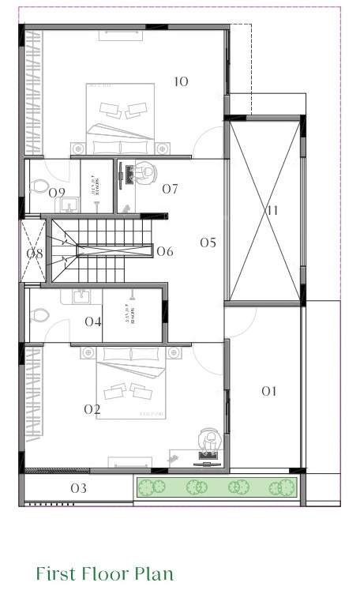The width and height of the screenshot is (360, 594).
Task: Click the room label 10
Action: (x=181, y=81)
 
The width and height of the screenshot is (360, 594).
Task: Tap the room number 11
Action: (x=272, y=210)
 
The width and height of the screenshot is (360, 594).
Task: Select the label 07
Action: (x=170, y=189)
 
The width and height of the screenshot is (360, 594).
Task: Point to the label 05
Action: (x=207, y=242)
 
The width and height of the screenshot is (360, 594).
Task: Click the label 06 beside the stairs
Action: (x=164, y=252)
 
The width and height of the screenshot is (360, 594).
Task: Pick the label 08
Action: (x=35, y=254)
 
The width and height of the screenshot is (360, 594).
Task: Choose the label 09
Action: (x=57, y=192)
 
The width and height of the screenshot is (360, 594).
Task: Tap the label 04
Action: (x=93, y=321)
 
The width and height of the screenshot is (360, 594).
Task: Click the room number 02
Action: (x=92, y=409)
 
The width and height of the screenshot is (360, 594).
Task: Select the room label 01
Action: (x=270, y=391)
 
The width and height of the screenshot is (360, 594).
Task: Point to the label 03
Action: (x=78, y=488)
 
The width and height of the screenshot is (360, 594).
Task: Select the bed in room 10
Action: (x=121, y=118)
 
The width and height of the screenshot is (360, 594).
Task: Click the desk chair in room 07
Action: (x=144, y=171)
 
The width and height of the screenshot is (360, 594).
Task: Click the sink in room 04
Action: (x=80, y=297)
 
